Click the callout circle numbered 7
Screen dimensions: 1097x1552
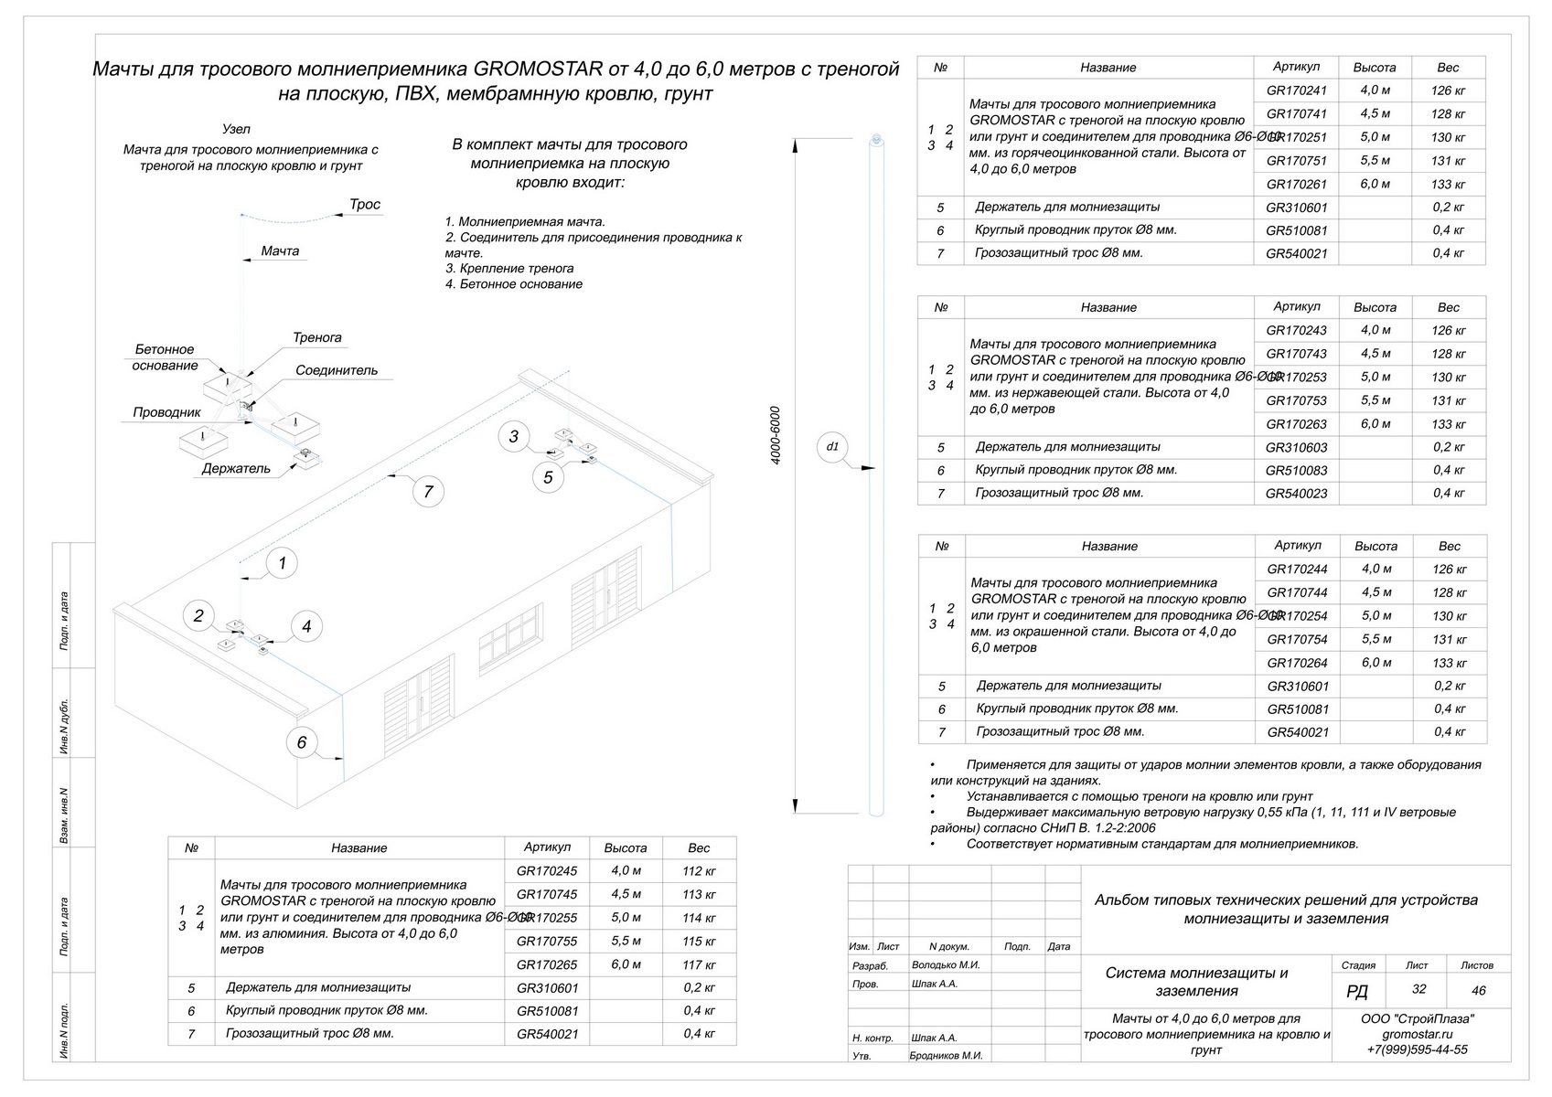pos(427,492)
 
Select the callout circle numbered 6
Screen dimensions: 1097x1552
pos(302,742)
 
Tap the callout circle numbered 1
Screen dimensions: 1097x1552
pos(282,563)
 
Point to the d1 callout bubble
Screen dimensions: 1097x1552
pos(832,447)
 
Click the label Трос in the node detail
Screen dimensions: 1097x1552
pos(365,205)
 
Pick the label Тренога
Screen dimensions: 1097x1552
pos(317,338)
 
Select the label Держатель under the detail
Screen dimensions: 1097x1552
pos(236,469)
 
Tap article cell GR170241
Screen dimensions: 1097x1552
pos(1297,91)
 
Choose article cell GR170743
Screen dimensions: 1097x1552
pos(1297,354)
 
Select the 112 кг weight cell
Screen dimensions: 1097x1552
pos(699,871)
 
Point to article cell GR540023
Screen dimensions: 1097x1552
pos(1297,494)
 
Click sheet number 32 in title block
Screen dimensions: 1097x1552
pos(1418,989)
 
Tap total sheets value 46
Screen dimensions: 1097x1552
pos(1479,990)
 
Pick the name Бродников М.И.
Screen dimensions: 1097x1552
pos(947,1056)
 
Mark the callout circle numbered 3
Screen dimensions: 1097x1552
pos(514,437)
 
